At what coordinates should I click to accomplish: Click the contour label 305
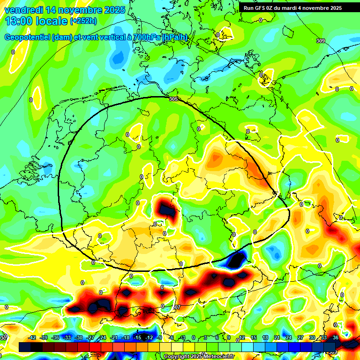pos(173,99)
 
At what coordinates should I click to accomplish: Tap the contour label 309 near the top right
pos(320,41)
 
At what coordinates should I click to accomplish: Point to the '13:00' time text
pos(18,22)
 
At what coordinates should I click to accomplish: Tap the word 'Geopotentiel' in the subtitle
pos(27,37)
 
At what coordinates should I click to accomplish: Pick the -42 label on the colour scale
pos(32,337)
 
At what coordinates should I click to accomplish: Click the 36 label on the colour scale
pos(335,337)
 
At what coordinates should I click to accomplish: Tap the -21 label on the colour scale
pos(114,337)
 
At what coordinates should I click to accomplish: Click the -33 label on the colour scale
pos(67,337)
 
